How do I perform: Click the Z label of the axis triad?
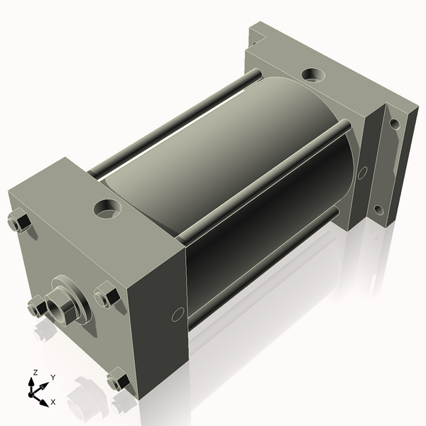point(35,372)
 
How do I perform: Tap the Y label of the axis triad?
point(53,378)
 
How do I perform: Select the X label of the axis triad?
point(53,402)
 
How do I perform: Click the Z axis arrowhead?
point(31,383)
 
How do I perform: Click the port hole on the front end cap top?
point(107,209)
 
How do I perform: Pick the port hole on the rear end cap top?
point(313,75)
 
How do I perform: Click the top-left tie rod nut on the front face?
point(18,221)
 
